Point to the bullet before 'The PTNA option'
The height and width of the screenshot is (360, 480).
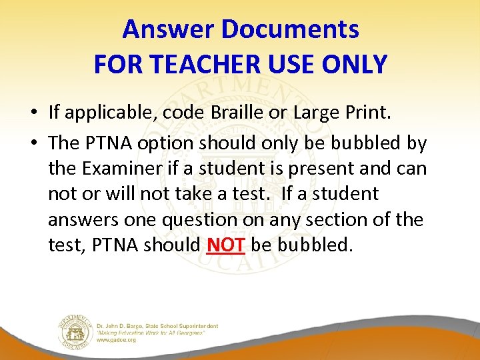click(x=33, y=143)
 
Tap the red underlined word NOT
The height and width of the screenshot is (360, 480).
click(x=227, y=245)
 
